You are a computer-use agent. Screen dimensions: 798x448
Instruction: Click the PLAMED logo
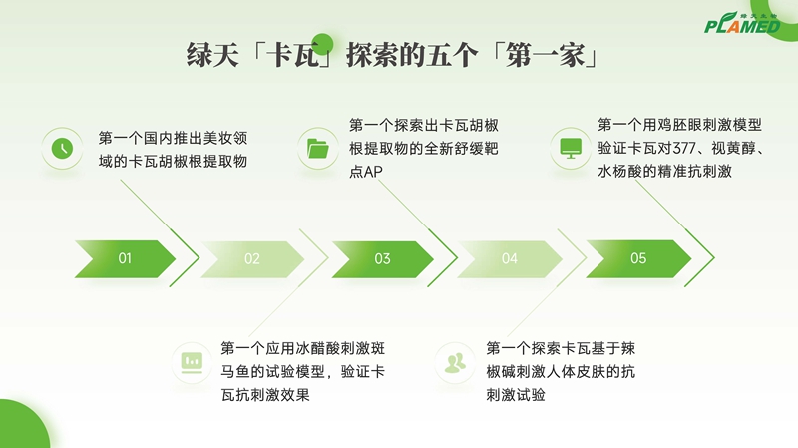(x=742, y=23)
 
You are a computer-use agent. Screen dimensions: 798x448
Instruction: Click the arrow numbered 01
(x=125, y=259)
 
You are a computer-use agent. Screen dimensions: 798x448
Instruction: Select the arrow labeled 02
(x=252, y=259)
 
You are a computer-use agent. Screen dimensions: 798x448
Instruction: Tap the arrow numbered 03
(x=382, y=259)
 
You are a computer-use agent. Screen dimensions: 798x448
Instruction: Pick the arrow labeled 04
(x=510, y=259)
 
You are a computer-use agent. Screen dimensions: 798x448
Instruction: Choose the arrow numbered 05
(x=638, y=258)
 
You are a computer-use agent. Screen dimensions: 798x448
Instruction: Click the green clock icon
(x=62, y=148)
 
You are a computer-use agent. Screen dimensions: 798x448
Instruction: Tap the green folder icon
(x=318, y=148)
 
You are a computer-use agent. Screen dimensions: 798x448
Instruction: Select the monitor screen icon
(x=571, y=148)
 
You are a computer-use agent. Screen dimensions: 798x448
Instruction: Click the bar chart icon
(x=192, y=363)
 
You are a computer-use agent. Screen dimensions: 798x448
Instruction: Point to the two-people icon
(x=455, y=363)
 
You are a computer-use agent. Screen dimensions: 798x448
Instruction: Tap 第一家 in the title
(x=545, y=55)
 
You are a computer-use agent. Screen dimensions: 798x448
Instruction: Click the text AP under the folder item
(x=372, y=172)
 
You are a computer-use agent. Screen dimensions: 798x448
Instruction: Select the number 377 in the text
(x=684, y=148)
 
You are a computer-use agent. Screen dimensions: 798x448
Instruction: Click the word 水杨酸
(x=619, y=171)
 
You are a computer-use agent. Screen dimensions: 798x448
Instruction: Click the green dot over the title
(x=322, y=43)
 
